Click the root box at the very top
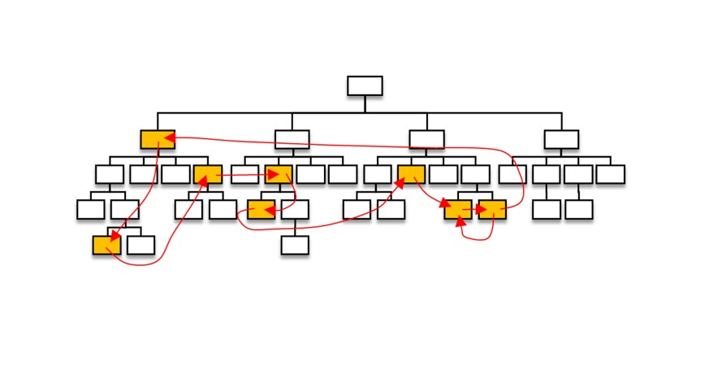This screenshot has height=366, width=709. (x=365, y=85)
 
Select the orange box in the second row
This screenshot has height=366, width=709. (x=158, y=139)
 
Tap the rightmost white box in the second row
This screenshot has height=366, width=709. (x=561, y=139)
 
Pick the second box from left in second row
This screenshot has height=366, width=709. (x=292, y=139)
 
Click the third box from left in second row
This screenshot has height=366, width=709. (x=426, y=139)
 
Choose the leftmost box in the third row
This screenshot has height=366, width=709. (x=109, y=174)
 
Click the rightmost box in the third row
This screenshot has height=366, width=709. (x=610, y=174)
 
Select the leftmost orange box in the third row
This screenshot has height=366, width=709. (x=208, y=174)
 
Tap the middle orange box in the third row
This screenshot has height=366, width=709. (x=278, y=174)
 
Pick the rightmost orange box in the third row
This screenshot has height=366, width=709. (x=411, y=174)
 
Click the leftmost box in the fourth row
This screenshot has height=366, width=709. (x=91, y=209)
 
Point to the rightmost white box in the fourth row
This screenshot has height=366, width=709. (x=579, y=209)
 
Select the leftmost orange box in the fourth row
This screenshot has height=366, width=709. (x=262, y=209)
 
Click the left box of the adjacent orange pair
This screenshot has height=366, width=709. (x=458, y=209)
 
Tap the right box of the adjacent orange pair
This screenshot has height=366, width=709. (x=492, y=209)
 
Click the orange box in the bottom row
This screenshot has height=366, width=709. (x=106, y=245)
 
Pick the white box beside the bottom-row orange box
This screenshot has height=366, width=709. (x=141, y=245)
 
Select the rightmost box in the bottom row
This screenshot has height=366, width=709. (x=295, y=245)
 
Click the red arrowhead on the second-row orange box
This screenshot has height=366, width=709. (x=169, y=139)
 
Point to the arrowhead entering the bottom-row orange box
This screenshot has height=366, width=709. (x=114, y=239)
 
